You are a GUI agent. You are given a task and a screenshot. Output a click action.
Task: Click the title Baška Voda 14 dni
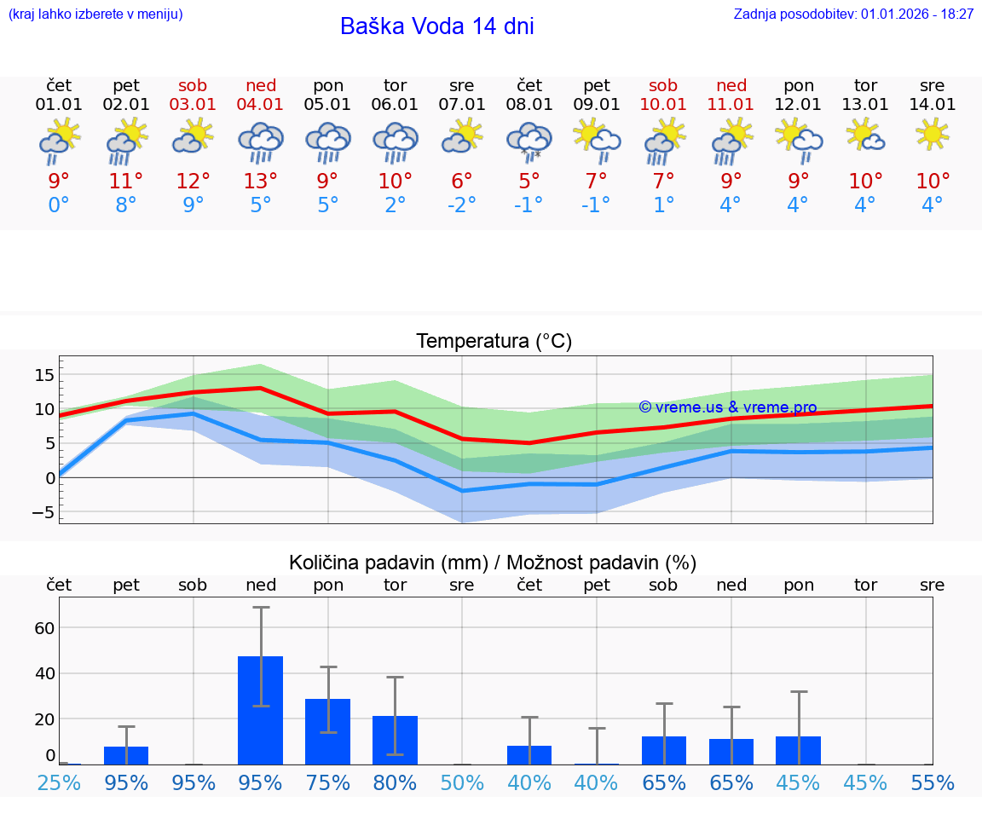point(436,26)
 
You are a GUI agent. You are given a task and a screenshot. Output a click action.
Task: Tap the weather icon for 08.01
point(529,141)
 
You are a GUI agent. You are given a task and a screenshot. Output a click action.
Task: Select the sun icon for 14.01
point(933,134)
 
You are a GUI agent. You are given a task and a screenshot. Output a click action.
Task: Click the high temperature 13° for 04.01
point(260,181)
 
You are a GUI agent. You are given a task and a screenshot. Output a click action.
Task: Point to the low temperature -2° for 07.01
point(462,205)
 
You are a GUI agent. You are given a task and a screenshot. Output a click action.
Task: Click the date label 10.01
point(663,105)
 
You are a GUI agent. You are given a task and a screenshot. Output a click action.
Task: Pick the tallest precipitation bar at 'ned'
point(260,710)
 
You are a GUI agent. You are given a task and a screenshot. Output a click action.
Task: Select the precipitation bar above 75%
point(328,731)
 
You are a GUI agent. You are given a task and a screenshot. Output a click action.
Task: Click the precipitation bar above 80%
point(395,740)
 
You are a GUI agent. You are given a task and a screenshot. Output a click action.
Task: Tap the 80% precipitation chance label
point(395,782)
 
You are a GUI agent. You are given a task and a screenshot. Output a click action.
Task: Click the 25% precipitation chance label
point(59,782)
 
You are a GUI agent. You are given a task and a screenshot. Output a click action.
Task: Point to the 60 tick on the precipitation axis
point(44,628)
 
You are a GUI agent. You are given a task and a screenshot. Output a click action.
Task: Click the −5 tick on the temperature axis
point(43,512)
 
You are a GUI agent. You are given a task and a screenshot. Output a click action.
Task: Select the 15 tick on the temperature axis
point(44,375)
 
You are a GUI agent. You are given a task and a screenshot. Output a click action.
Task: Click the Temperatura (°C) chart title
point(494,342)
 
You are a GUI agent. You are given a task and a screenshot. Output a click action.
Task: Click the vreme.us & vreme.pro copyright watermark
point(728,407)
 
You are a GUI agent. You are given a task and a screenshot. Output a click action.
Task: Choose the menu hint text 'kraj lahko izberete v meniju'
point(95,14)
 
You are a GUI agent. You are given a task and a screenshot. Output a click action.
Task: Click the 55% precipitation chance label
point(933,782)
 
